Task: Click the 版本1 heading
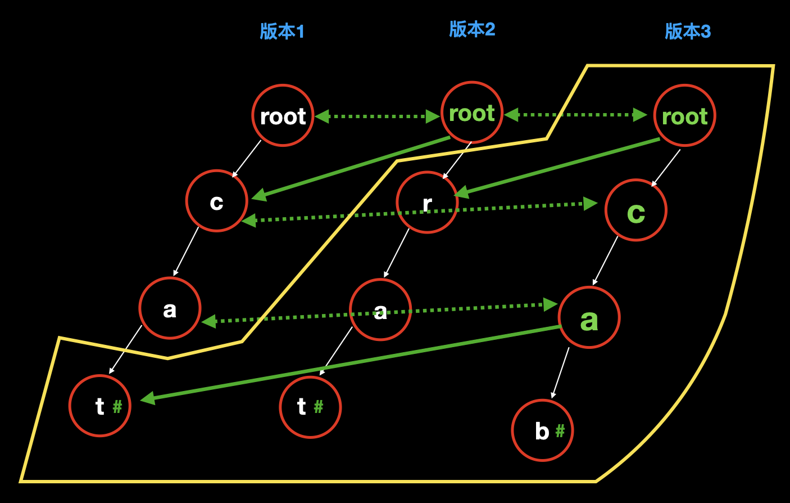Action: click(282, 32)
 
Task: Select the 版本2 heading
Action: click(472, 29)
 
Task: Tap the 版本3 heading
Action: click(688, 32)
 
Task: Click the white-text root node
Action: click(283, 116)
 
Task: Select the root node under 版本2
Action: click(472, 113)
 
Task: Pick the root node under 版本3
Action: click(684, 116)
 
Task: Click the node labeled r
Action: click(427, 203)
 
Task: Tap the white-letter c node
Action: click(217, 201)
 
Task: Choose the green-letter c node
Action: click(636, 210)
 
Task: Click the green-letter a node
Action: click(589, 318)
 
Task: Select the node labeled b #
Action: click(542, 430)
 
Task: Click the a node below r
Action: click(380, 310)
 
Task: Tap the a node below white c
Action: click(170, 308)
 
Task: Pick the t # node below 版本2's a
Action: click(310, 407)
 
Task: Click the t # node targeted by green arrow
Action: click(100, 406)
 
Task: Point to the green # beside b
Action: click(560, 431)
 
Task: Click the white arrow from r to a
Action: click(397, 253)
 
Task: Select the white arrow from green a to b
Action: click(561, 372)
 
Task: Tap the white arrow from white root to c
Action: click(247, 159)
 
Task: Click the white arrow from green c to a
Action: click(605, 261)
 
